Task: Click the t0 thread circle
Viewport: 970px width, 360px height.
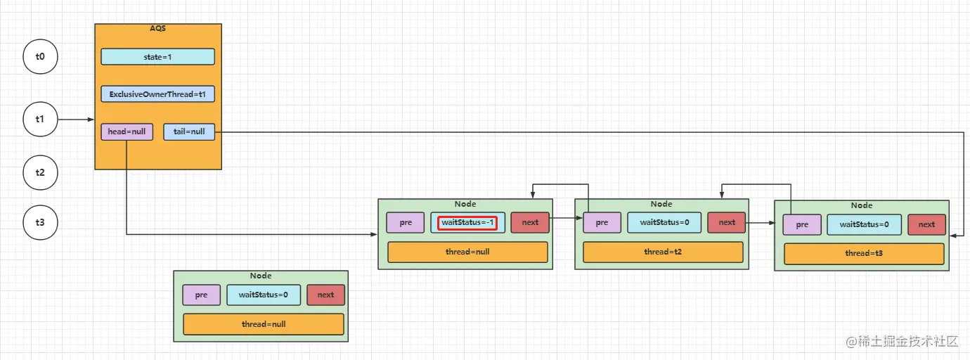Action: pyautogui.click(x=40, y=57)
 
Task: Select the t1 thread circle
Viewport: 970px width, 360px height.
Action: pyautogui.click(x=40, y=120)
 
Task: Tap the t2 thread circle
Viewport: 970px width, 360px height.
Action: pyautogui.click(x=40, y=172)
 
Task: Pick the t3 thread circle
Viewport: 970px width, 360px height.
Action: pyautogui.click(x=40, y=223)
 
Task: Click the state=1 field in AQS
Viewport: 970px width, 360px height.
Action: pyautogui.click(x=157, y=57)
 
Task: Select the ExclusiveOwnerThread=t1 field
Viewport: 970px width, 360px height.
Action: pyautogui.click(x=157, y=94)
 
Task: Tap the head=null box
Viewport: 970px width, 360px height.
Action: pyautogui.click(x=127, y=131)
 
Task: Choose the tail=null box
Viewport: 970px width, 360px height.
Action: pyautogui.click(x=189, y=131)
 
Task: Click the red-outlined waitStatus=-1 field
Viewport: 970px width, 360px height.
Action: pyautogui.click(x=468, y=223)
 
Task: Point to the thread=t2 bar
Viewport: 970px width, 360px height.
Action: pyautogui.click(x=663, y=252)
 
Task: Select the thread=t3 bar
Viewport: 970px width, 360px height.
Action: pyautogui.click(x=864, y=254)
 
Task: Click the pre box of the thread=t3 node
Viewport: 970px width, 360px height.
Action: pyautogui.click(x=802, y=225)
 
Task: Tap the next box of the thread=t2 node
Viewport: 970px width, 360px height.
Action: pyautogui.click(x=727, y=223)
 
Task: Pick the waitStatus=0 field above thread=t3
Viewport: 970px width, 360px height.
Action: pyautogui.click(x=863, y=225)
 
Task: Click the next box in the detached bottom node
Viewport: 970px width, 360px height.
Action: pyautogui.click(x=325, y=295)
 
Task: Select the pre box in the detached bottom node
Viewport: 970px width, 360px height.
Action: pyautogui.click(x=201, y=295)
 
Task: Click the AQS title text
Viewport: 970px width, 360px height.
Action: pyautogui.click(x=157, y=27)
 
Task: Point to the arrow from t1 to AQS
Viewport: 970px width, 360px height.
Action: pyautogui.click(x=76, y=120)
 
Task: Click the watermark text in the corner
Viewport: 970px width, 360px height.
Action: pyautogui.click(x=903, y=342)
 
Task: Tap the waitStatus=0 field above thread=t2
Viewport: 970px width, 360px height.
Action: pyautogui.click(x=664, y=223)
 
